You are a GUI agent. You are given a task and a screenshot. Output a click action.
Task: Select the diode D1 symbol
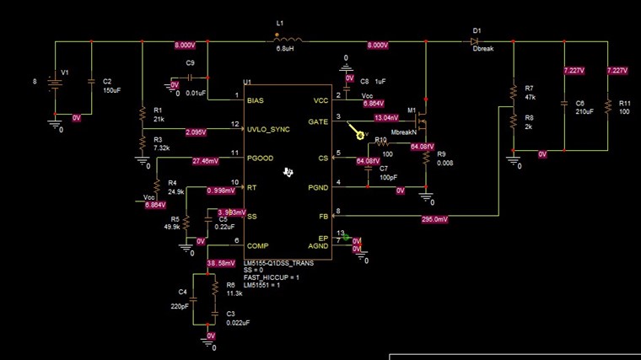pos(477,40)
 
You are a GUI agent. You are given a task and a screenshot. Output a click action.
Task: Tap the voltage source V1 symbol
pos(55,81)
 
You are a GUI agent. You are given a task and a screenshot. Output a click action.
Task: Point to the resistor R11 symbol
pos(607,107)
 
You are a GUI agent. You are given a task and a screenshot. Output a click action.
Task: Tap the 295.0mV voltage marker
pos(434,219)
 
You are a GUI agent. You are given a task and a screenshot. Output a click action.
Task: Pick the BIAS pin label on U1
pos(255,100)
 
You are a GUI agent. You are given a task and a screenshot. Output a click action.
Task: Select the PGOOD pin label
pos(260,158)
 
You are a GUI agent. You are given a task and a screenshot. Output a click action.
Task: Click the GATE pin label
pos(319,121)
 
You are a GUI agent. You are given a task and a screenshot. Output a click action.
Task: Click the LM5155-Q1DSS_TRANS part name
pos(279,263)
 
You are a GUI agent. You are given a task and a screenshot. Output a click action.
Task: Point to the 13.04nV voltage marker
pos(391,118)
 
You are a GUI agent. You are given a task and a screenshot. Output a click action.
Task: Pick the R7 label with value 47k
pos(529,92)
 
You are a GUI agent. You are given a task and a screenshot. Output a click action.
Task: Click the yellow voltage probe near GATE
pos(360,134)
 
